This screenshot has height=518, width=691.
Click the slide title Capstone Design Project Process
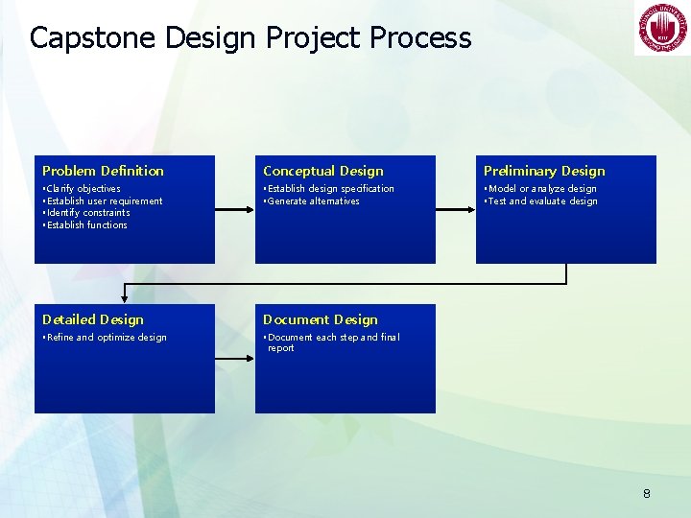[x=250, y=37]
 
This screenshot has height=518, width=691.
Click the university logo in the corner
[x=660, y=30]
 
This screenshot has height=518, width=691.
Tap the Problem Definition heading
[x=103, y=171]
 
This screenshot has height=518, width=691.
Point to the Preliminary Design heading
[x=544, y=171]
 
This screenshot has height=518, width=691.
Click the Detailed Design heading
[x=93, y=319]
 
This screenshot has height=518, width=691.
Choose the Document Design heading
[x=321, y=319]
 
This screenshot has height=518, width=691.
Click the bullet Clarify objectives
[x=83, y=189]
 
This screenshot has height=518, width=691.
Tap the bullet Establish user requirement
[x=104, y=201]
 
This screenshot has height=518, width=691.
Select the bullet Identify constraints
[x=87, y=213]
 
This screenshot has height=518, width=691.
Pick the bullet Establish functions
[x=86, y=225]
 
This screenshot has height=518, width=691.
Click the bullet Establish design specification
[x=329, y=189]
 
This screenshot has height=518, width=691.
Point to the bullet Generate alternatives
[x=313, y=201]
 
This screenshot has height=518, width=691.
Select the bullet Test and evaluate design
[x=542, y=201]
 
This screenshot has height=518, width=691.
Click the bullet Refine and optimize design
[x=106, y=338]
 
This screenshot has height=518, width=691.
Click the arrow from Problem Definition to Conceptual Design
[x=234, y=209]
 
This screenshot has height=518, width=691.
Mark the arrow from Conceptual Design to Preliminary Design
[x=455, y=209]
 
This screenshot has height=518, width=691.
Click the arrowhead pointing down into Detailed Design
[x=124, y=298]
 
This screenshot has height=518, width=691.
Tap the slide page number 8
[x=646, y=494]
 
